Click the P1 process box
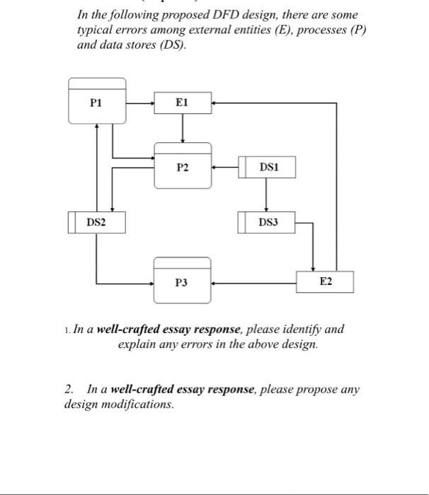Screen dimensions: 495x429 click(96, 103)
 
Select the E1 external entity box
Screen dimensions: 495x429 click(182, 103)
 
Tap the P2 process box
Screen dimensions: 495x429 click(183, 167)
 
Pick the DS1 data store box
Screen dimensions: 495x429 click(268, 168)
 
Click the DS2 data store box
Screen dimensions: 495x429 click(96, 222)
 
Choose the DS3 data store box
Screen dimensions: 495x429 click(268, 222)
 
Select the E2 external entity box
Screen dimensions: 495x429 click(324, 281)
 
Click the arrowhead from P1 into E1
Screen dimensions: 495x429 click(151, 103)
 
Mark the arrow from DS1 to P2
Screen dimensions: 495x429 click(225, 168)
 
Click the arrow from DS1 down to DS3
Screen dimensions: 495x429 click(266, 194)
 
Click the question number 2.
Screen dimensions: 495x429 click(69, 390)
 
